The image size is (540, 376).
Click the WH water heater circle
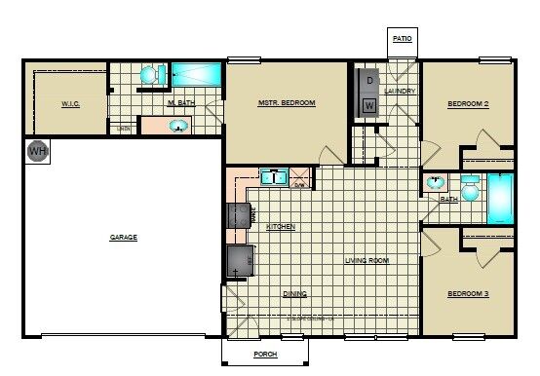coord(38,151)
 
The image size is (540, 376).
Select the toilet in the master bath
coord(149,74)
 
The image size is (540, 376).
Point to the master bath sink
coord(178,126)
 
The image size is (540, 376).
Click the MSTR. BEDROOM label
coord(286,102)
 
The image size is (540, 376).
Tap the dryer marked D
coord(369,81)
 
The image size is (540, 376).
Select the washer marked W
coord(369,105)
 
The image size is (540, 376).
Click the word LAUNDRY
coord(400,92)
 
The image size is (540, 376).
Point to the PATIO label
coord(403,39)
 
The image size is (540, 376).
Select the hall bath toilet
coord(470,189)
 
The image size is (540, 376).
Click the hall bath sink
coord(435,183)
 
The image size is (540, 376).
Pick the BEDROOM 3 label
coord(468,293)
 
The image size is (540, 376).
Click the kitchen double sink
coord(272,177)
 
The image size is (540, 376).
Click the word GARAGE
coord(123,237)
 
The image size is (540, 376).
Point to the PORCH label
coord(266,354)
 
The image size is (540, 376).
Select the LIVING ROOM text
coord(367,260)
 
